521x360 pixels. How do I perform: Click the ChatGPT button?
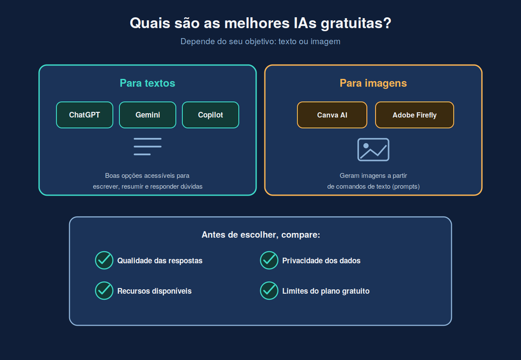tap(85, 115)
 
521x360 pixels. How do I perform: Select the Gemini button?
tap(148, 115)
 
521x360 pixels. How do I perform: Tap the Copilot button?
tap(210, 115)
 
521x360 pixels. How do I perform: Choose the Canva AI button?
tap(332, 115)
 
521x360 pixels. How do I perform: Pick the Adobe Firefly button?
tap(414, 115)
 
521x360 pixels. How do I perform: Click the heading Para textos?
tap(148, 83)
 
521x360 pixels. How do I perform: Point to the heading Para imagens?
tap(373, 83)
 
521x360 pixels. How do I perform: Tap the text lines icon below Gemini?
tap(148, 146)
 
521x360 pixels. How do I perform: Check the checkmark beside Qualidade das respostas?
tap(104, 260)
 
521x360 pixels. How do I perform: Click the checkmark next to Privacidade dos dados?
tap(269, 260)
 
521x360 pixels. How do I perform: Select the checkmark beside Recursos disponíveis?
tap(104, 290)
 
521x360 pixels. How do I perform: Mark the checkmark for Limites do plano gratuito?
tap(269, 290)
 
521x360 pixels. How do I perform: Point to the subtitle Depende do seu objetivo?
tap(260, 42)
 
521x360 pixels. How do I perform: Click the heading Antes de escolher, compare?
tap(261, 235)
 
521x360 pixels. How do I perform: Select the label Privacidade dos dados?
tap(322, 261)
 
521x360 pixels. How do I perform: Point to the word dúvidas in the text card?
tap(191, 186)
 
